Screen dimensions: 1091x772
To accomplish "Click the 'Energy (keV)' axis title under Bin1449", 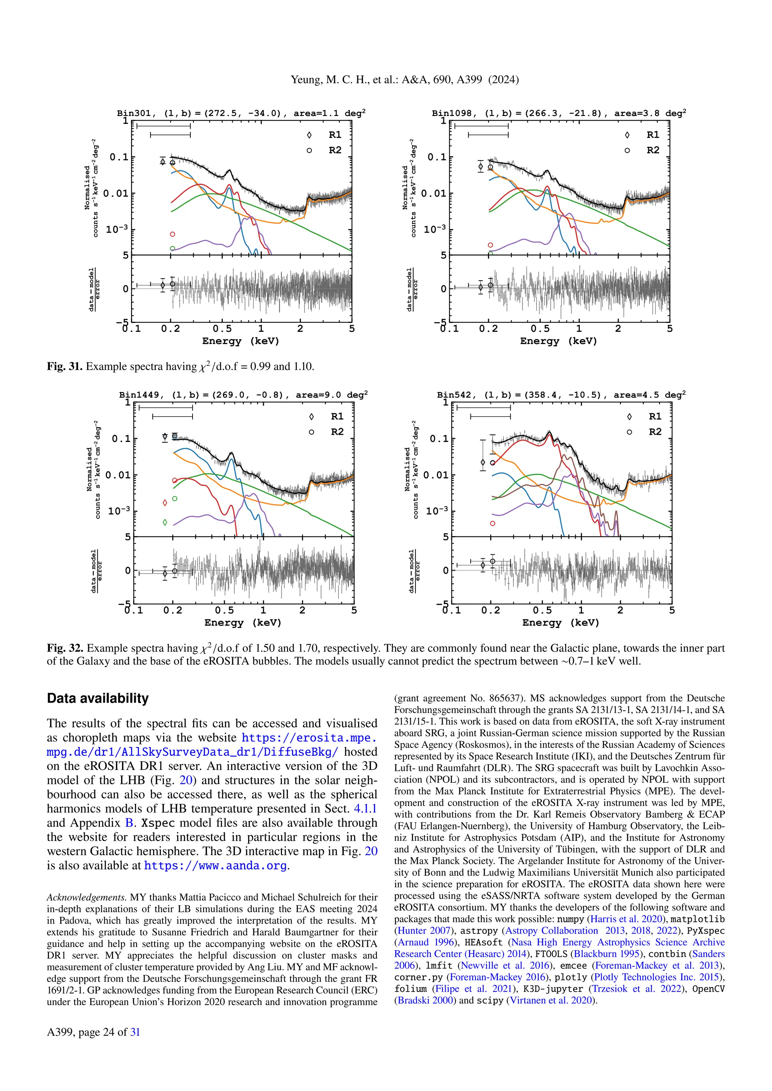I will [243, 622].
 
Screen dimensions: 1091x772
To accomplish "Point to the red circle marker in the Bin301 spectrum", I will [173, 234].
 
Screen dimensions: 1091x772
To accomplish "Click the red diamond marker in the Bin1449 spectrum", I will [165, 503].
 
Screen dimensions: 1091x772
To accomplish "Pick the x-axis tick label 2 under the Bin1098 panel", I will [618, 329].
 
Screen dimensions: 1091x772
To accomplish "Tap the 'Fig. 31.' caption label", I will [65, 366].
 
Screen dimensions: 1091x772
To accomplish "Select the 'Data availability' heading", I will [98, 698].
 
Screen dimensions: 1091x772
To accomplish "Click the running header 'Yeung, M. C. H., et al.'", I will [344, 79].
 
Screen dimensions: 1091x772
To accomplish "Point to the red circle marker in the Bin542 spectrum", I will [492, 523].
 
